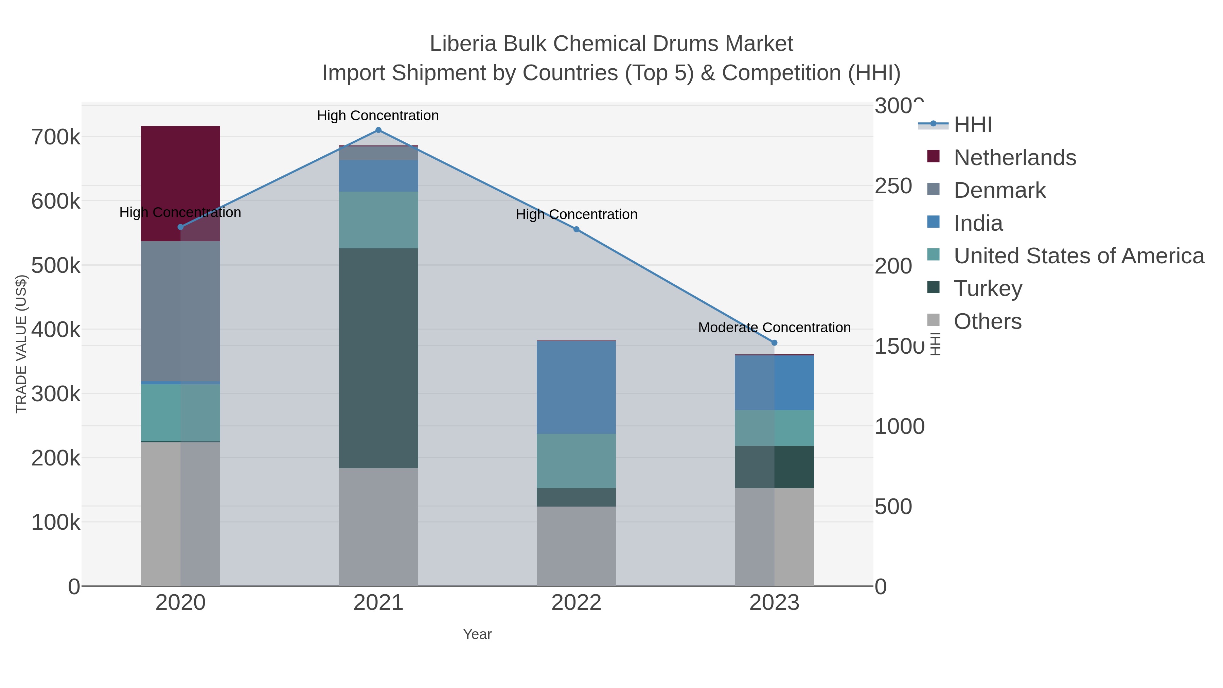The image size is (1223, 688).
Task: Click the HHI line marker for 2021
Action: (378, 130)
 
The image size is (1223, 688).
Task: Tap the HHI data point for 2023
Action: (774, 343)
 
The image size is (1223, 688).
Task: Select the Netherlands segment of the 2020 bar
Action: (180, 180)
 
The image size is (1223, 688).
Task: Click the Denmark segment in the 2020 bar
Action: (180, 311)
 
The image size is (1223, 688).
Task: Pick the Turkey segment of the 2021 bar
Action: (378, 358)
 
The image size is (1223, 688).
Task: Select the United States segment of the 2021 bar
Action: (378, 220)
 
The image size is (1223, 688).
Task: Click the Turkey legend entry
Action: (988, 289)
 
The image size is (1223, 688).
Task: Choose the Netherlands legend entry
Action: (1014, 158)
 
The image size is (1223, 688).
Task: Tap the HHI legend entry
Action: (972, 125)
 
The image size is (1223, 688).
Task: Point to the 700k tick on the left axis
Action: (56, 138)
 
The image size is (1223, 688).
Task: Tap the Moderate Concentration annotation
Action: (774, 328)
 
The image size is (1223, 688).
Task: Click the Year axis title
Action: (477, 634)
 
